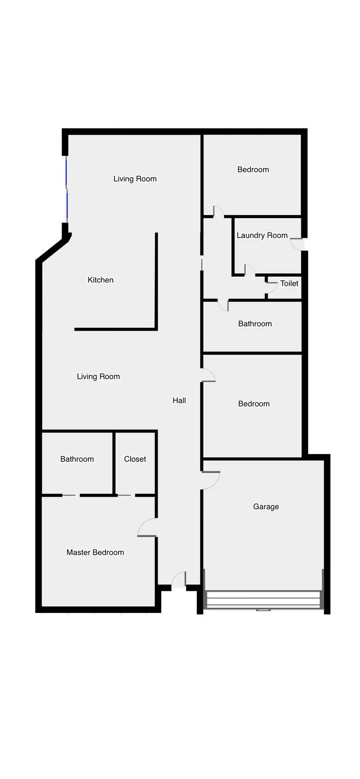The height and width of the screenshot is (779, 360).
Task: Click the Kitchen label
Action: (100, 280)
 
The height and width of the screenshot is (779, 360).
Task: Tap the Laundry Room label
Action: (262, 235)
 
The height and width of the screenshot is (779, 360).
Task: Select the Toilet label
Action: (289, 283)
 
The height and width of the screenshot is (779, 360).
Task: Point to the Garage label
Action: (266, 506)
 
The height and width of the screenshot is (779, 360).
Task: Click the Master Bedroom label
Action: (95, 552)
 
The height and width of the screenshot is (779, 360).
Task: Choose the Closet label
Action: (135, 459)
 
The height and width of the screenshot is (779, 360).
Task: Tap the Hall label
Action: (179, 400)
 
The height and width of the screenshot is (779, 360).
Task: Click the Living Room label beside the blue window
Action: (135, 179)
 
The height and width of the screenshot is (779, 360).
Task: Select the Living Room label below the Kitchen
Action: (98, 376)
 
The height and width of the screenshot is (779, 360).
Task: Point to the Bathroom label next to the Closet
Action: (77, 459)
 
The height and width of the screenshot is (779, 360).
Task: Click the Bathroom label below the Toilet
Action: (255, 324)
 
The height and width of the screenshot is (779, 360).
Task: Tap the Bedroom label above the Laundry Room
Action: (253, 169)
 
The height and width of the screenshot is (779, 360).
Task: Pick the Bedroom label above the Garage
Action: (254, 404)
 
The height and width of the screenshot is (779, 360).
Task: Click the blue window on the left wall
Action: (66, 190)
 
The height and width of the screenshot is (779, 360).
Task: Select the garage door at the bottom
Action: (263, 599)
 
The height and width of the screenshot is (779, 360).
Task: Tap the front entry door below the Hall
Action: (179, 580)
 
